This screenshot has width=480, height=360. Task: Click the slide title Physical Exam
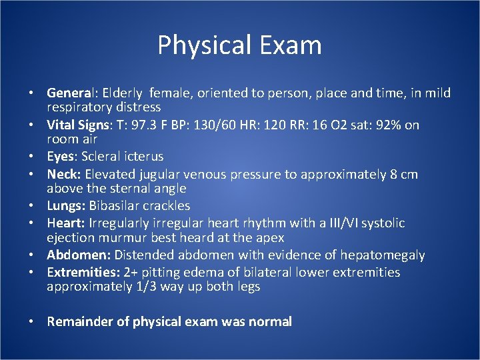pos(239,45)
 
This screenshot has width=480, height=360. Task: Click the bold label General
pos(69,93)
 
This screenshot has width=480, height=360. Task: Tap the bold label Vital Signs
pos(75,125)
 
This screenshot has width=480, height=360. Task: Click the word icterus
pos(143,156)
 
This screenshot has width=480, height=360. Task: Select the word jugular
pos(161,174)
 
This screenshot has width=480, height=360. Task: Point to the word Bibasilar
pos(114,206)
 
